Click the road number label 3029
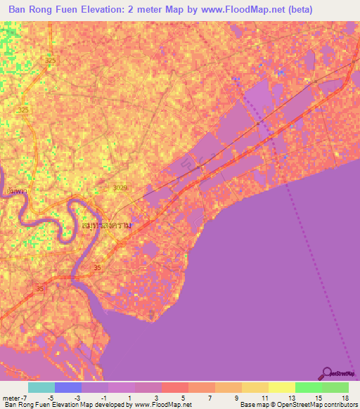tap(121, 188)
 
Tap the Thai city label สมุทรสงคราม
tap(105, 226)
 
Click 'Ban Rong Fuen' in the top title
tap(41, 10)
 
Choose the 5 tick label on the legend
tap(184, 397)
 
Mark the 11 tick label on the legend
tap(264, 397)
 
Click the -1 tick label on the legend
tap(103, 397)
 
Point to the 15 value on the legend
tap(318, 397)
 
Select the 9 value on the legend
tap(237, 397)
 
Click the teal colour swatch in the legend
tap(41, 387)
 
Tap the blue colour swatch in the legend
tap(68, 387)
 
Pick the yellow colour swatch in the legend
tap(281, 387)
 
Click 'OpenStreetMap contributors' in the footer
tap(320, 405)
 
